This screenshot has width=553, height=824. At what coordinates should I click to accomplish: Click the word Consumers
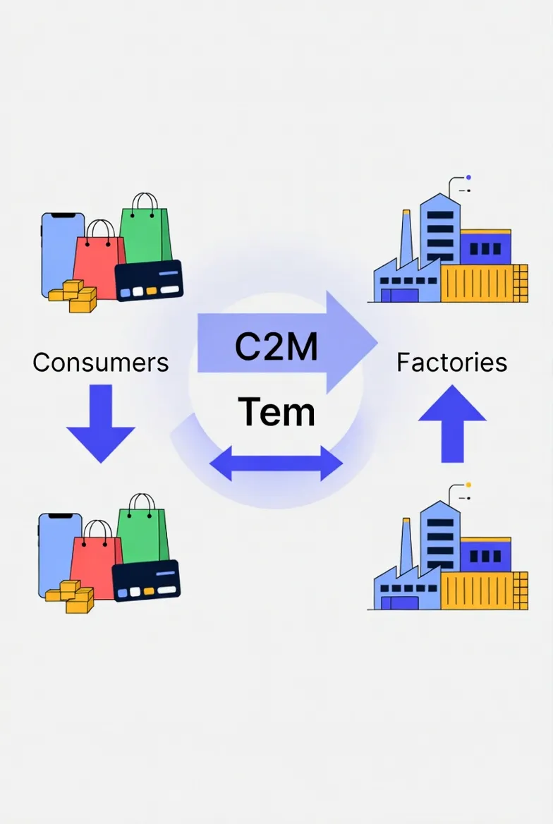pyautogui.click(x=101, y=363)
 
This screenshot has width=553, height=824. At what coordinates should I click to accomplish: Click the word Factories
pyautogui.click(x=451, y=363)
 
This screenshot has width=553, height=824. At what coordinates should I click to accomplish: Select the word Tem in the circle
pyautogui.click(x=276, y=412)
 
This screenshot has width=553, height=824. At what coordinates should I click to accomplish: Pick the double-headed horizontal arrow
pyautogui.click(x=276, y=464)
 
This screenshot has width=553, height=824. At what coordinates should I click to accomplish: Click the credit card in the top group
pyautogui.click(x=148, y=281)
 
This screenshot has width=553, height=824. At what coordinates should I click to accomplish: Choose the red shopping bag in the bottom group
pyautogui.click(x=95, y=557)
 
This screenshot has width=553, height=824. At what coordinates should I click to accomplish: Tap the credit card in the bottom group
pyautogui.click(x=146, y=581)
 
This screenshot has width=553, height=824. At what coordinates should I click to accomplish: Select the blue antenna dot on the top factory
pyautogui.click(x=469, y=178)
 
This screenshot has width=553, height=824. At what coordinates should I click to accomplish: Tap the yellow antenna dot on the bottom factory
pyautogui.click(x=469, y=485)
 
